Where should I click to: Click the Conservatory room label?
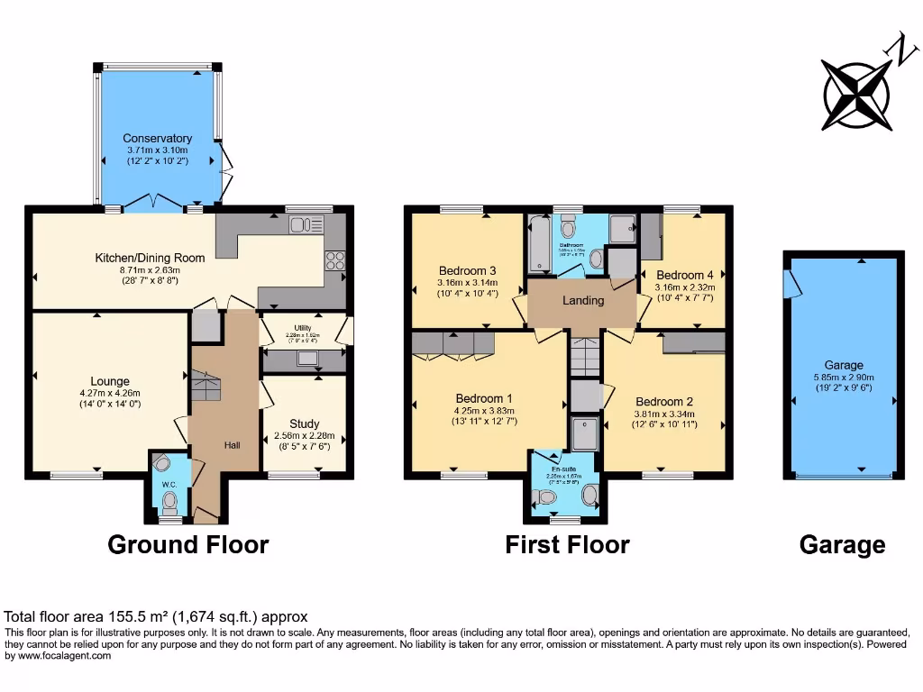coord(158,138)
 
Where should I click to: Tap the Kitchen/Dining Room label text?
coord(150,258)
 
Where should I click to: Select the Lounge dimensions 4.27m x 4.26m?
coord(109,393)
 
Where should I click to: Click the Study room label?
coord(304,423)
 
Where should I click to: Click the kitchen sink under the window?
coord(306,224)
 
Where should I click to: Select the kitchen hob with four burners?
coord(334,260)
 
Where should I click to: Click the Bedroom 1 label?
coord(484,398)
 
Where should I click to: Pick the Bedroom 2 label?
coord(663,402)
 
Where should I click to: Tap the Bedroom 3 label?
coord(467,270)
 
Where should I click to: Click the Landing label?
coord(582,300)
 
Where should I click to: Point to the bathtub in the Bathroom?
coord(537,243)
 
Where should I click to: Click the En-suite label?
coord(564,469)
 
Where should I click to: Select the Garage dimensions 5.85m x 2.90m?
coord(843,378)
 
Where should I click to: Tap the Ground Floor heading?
coord(187,544)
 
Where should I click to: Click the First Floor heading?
coord(567,544)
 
